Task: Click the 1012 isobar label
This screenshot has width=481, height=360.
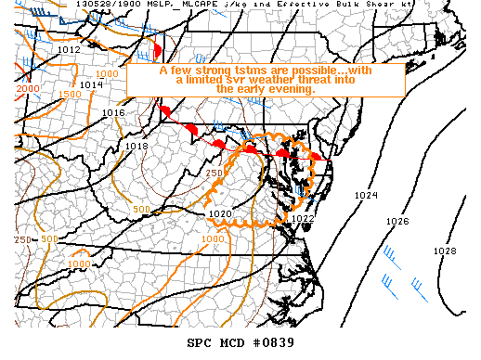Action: (68, 49)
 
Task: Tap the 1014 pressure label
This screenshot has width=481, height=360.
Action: (91, 84)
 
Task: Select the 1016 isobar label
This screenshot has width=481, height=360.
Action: (113, 113)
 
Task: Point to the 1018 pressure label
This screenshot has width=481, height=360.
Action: (136, 147)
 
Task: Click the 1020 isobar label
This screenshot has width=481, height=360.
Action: (219, 213)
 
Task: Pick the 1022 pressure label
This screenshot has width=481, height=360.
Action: (303, 219)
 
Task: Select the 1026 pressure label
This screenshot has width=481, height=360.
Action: (397, 222)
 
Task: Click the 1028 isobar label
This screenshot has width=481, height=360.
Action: (445, 251)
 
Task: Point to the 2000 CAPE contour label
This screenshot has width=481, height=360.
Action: (27, 88)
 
